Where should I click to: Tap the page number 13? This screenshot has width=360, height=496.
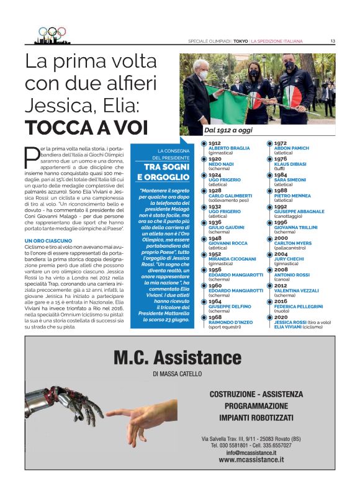(333, 42)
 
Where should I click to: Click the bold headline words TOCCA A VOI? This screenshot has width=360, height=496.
(87, 128)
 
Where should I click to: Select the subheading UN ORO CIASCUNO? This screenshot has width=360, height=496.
(48, 240)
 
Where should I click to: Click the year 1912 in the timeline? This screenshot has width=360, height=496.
(215, 143)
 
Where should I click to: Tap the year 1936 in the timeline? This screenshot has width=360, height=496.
(215, 222)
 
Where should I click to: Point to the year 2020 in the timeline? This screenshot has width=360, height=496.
(281, 317)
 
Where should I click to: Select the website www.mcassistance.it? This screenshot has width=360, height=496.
(251, 459)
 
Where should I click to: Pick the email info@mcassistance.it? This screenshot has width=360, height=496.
(251, 452)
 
